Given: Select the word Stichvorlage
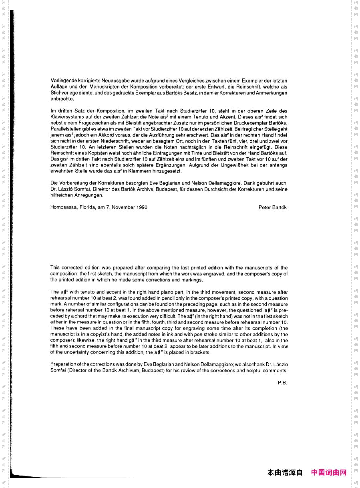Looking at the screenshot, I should tap(64, 93).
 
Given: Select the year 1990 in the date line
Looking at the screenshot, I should tap(142, 207).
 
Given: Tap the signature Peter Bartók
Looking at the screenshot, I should tap(273, 207).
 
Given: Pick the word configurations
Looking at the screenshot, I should tap(105, 304).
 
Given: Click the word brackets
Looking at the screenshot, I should tap(200, 353).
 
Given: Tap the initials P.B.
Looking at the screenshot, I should tap(282, 383).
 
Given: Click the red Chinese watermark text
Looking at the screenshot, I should tap(328, 473).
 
